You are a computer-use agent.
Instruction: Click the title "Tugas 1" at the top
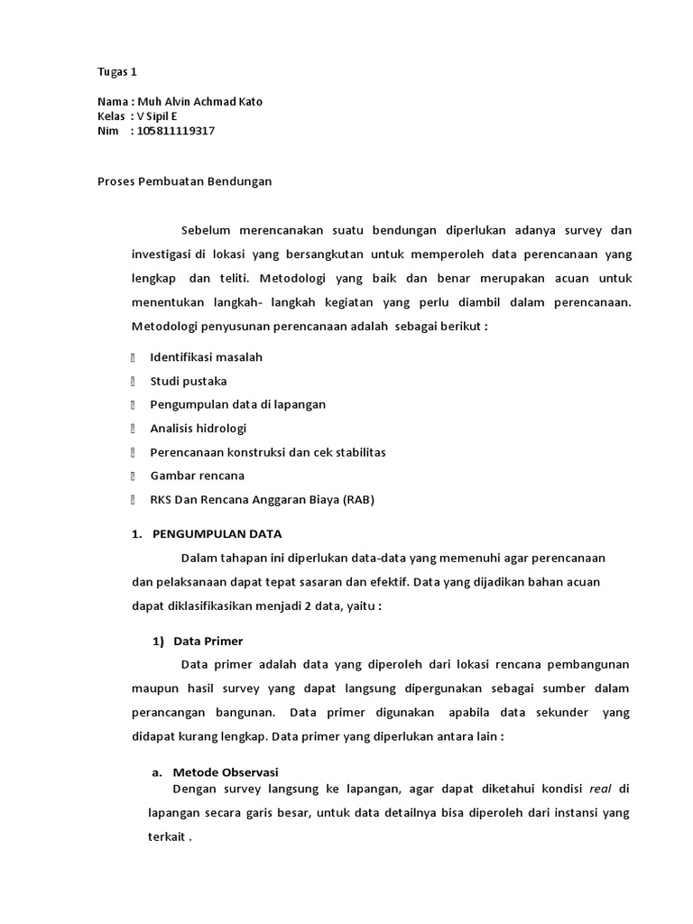pos(116,71)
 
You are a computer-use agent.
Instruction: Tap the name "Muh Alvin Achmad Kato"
pos(199,102)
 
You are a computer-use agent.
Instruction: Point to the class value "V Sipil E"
pos(158,116)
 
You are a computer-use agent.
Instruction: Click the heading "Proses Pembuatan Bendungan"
pos(184,181)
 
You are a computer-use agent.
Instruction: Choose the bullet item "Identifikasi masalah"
pos(206,357)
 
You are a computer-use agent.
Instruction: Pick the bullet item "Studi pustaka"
pos(188,381)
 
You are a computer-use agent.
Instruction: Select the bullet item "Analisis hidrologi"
pos(198,428)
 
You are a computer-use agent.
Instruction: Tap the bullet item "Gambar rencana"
pos(197,475)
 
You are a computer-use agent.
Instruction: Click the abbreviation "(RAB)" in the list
pos(357,499)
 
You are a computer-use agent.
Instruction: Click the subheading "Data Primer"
pos(208,641)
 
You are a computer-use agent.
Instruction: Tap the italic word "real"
pos(600,789)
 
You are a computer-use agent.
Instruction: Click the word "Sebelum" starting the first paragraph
pos(204,230)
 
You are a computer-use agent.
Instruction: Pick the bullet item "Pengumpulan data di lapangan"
pos(237,404)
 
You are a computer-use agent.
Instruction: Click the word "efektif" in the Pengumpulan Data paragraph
pos(374,582)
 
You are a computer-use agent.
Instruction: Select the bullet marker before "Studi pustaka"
pos(133,381)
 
